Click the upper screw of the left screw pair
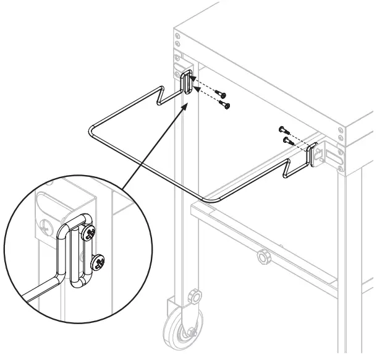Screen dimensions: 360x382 tap(221, 94)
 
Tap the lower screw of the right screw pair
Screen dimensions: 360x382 tap(287, 140)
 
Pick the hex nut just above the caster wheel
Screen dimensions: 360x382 tap(193, 297)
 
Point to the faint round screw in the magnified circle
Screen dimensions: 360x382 tap(45, 225)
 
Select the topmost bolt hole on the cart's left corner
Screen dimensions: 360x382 tap(178, 35)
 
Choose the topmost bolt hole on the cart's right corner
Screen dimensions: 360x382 tap(339, 130)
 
